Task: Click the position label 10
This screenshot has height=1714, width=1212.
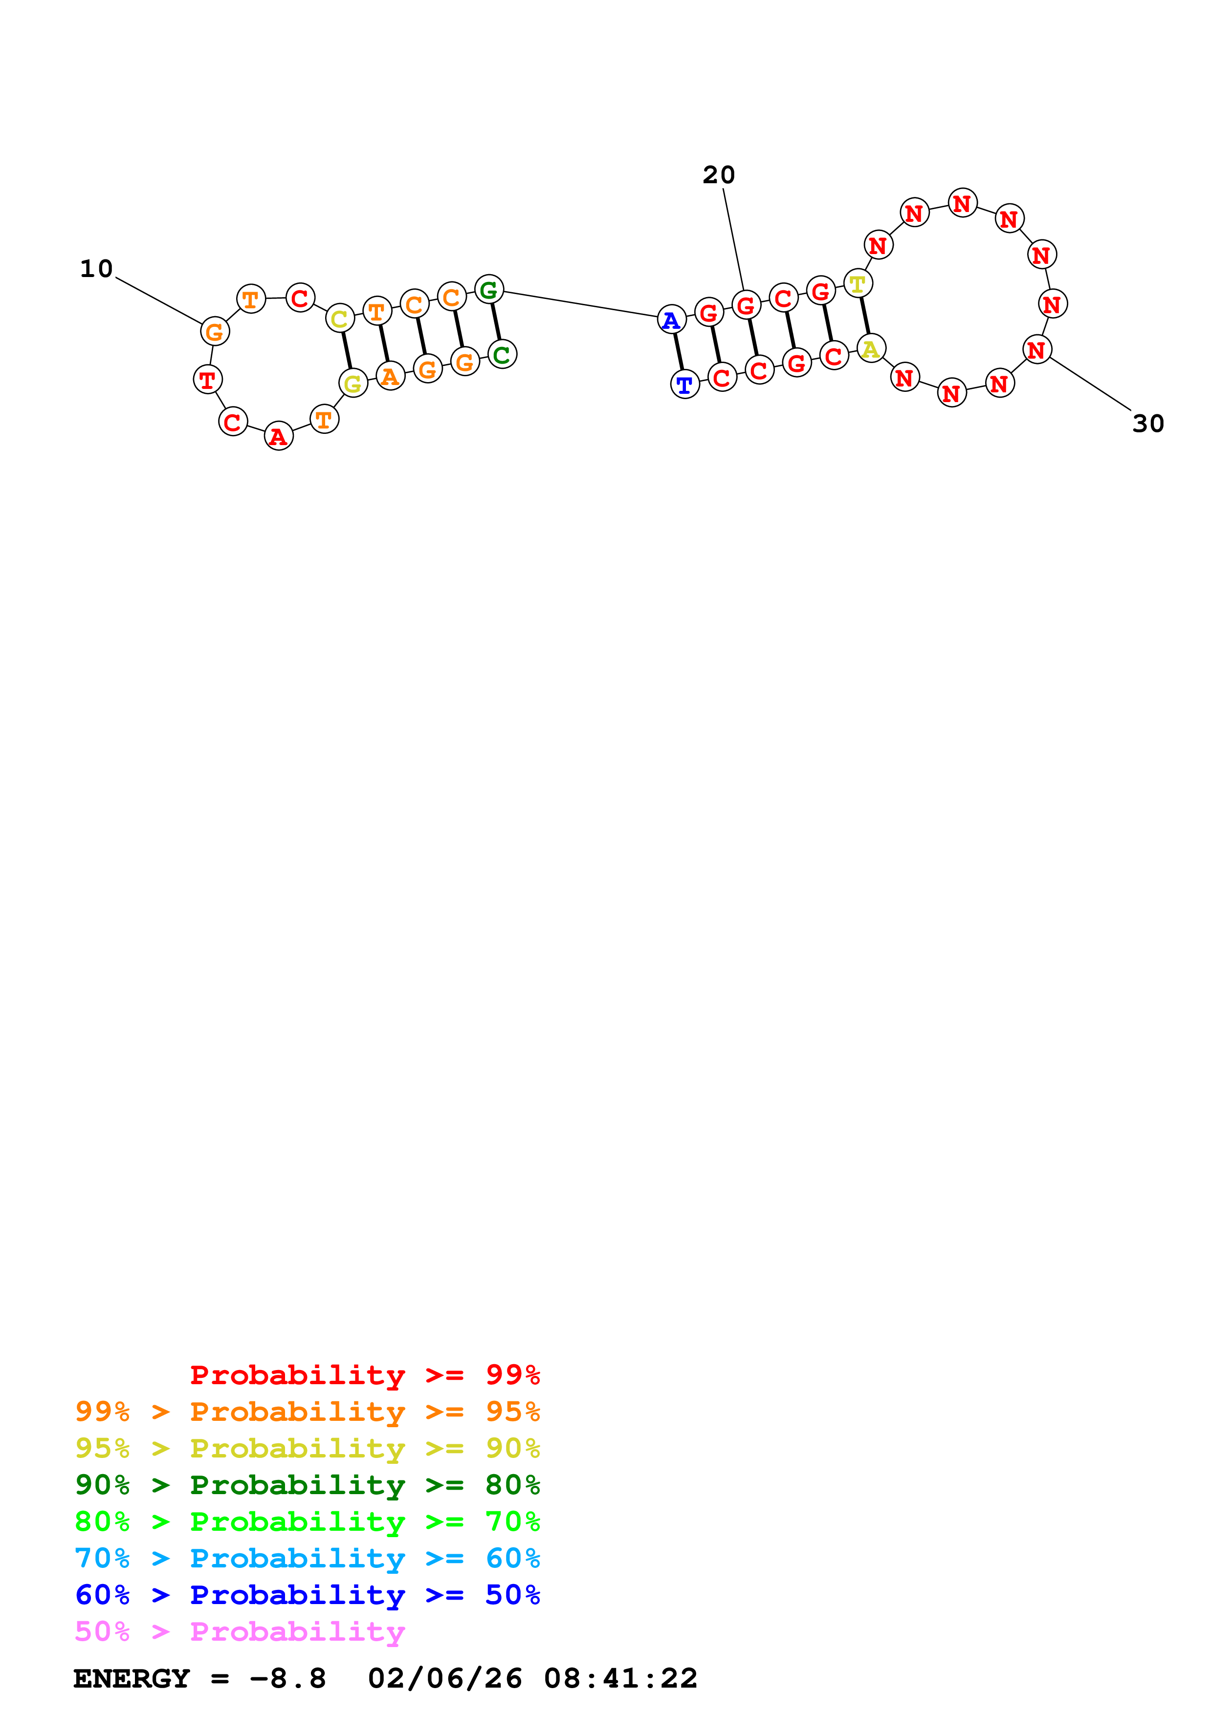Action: [x=96, y=269]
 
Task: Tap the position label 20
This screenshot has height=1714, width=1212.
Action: [x=718, y=175]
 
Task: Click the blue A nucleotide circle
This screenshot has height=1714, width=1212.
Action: [x=671, y=320]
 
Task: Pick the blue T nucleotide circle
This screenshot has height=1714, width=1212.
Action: [x=685, y=385]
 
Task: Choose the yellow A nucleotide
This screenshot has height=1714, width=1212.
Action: [x=871, y=349]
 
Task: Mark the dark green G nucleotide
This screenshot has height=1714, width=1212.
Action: [x=488, y=289]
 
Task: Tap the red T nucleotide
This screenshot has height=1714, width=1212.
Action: [x=208, y=379]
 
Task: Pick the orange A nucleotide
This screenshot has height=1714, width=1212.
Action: [x=390, y=376]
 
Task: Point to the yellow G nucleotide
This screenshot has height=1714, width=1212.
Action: [x=353, y=384]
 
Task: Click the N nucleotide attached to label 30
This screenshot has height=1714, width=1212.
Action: [x=1036, y=349]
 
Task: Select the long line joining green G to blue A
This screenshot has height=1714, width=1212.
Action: [x=580, y=304]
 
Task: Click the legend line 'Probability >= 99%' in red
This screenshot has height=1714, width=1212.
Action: [x=364, y=1374]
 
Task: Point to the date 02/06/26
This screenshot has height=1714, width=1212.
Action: [x=444, y=1679]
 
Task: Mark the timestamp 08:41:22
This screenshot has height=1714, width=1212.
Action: [x=620, y=1679]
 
